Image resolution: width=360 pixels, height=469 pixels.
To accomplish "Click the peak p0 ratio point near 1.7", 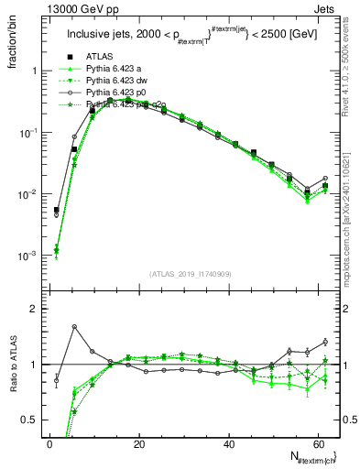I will (74, 326).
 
